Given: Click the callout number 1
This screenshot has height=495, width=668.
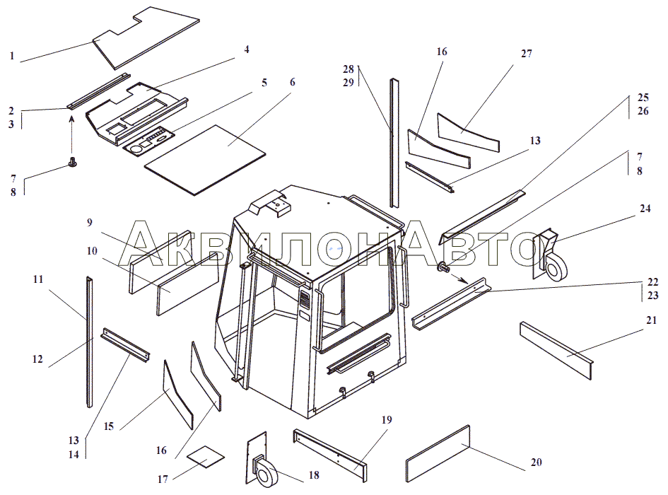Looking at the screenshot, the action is pos(12,56).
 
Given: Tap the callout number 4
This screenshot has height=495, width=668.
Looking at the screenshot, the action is pos(247,49).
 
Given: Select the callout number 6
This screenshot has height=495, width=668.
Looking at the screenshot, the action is pos(292,82).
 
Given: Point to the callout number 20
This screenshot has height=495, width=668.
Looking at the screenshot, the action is pos(537,462).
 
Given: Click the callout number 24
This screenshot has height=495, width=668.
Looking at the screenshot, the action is pos(645,209).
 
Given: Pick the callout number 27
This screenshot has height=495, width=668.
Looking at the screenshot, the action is pos(527,54).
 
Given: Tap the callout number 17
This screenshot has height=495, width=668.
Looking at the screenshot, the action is pos(163,479).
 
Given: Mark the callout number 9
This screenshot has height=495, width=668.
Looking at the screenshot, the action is pos(90,222).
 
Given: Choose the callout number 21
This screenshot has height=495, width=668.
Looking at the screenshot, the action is pos(651,320).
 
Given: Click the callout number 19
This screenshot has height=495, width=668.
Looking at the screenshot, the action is pos(387,420).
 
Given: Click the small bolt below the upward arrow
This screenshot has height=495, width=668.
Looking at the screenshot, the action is pos(72,163).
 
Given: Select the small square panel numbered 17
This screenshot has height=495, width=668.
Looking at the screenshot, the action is pos(206,457).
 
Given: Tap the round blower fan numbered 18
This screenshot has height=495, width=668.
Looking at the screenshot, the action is pos(265,471).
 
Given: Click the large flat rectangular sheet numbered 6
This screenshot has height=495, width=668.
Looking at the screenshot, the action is pos(205,160).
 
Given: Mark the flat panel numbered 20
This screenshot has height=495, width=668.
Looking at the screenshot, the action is pos(438,454).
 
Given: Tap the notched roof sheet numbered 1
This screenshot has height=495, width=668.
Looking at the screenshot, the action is pos(146,37).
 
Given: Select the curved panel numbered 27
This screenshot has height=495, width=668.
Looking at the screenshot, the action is pos(469,132).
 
